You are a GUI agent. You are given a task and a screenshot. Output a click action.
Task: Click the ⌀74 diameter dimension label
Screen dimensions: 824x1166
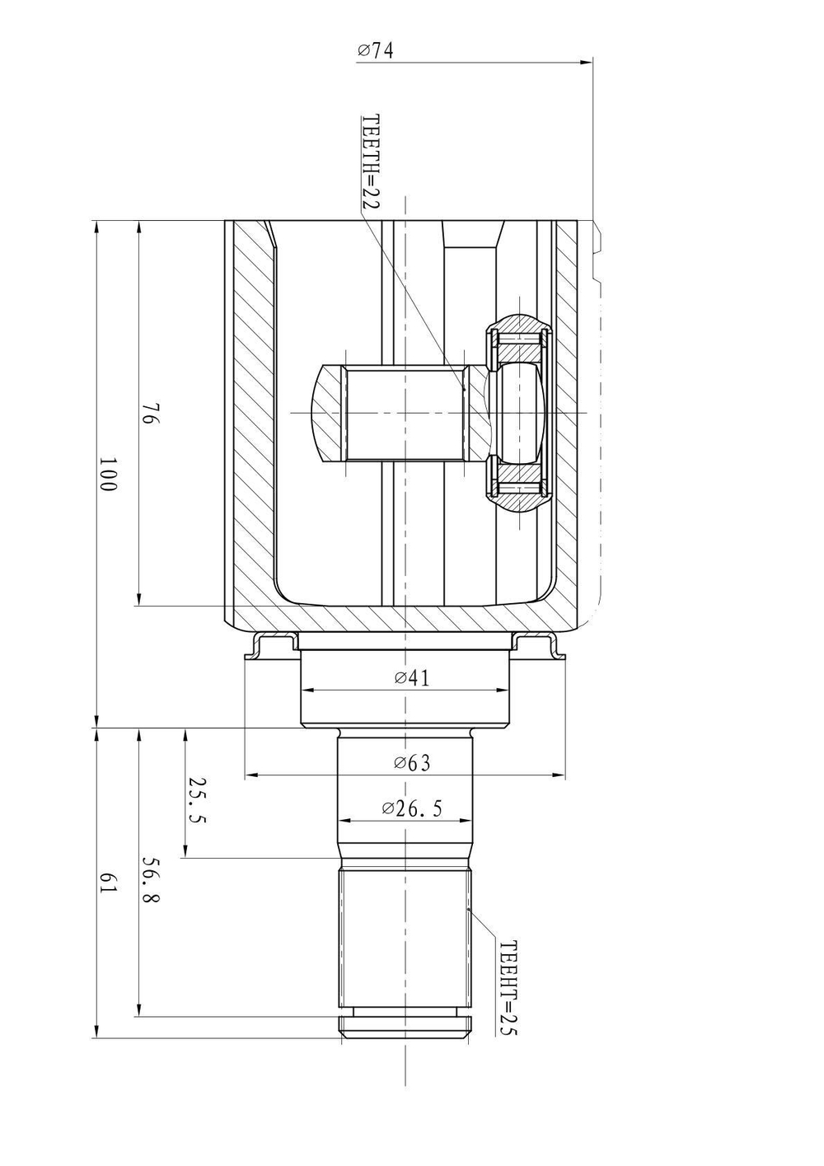pos(375,50)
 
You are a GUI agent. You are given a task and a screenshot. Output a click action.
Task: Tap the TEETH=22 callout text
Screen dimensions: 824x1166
pos(371,162)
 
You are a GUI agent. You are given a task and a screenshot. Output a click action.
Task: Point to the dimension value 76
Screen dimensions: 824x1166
pos(150,414)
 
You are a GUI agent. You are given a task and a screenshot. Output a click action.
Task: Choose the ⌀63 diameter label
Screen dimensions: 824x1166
pos(412,762)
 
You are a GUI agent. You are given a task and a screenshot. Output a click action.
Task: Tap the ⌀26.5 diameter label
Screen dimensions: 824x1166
pos(412,808)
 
